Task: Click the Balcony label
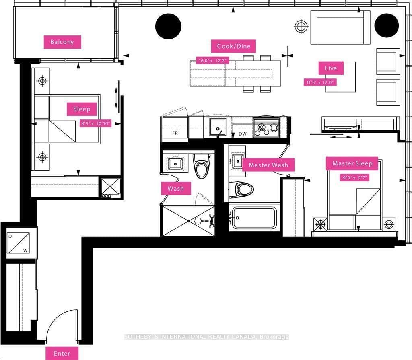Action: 62,42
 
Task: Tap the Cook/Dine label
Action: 233,46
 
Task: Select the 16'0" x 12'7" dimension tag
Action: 212,60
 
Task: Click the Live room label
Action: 331,68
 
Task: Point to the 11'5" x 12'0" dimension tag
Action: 320,82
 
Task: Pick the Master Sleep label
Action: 352,163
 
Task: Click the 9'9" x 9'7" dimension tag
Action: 354,178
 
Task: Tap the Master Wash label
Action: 268,165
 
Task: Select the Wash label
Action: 176,188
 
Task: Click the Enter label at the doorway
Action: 62,353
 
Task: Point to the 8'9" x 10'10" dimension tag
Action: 96,123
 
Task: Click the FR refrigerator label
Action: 175,133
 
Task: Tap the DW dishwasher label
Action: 243,134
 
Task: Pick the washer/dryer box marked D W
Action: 18,243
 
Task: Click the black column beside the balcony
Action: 168,26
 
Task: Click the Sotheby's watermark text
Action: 206,337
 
